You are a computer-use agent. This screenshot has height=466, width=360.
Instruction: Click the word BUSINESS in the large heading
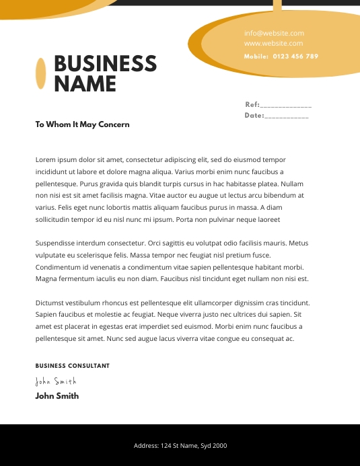pos(105,64)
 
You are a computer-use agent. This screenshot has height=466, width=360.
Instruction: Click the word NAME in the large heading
pos(85,84)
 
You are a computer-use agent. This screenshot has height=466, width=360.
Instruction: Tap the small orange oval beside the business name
pos(40,73)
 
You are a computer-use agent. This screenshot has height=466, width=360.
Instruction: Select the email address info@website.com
pos(274,33)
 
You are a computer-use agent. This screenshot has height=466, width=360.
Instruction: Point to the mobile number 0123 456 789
pos(295,56)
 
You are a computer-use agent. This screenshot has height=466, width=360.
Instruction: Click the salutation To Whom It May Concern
pos(82,124)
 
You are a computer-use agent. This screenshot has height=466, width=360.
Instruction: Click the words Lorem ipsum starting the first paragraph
pos(54,160)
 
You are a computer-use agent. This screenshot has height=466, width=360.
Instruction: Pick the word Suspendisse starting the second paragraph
pos(57,243)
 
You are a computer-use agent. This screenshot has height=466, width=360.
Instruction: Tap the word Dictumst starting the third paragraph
pos(51,303)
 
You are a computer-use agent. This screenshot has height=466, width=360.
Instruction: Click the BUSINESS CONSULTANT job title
pos(72,366)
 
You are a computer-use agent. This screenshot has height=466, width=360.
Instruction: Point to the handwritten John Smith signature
pos(55,381)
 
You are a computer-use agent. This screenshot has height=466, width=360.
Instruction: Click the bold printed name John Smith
pos(57,396)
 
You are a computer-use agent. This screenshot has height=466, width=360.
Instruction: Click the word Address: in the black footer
pos(146,446)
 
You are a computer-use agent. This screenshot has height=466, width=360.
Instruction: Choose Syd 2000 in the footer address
pos(215,446)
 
